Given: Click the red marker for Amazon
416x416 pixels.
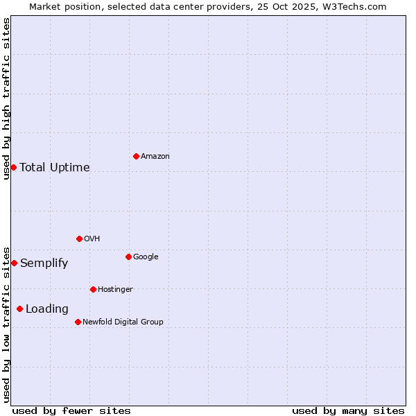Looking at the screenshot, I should point(136,156).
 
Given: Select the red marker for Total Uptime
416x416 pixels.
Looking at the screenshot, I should point(13,167).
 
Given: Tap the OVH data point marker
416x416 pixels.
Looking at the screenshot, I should point(79,239).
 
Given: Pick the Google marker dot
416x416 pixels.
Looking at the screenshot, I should point(128,257).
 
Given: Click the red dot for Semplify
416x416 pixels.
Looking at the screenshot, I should point(14,263).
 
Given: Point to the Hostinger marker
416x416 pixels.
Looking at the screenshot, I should point(93,289).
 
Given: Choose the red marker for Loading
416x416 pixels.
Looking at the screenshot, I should point(19,309).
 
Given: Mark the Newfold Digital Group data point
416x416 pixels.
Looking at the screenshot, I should point(78,322).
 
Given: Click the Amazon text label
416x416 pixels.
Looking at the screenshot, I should point(155,157).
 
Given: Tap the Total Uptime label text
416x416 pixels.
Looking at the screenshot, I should point(55,168).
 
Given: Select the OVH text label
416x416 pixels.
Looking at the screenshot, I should point(92,239).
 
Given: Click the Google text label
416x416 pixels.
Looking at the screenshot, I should point(146,257).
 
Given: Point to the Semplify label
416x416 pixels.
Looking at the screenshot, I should point(44,263).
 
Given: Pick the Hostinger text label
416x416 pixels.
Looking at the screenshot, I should point(115,290).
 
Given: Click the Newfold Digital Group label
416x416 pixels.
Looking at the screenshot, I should point(123,322).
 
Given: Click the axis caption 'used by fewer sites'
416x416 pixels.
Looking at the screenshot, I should point(71,410).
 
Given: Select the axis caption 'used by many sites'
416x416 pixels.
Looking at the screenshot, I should point(348,410).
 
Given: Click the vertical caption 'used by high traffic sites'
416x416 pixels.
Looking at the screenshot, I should point(6,98).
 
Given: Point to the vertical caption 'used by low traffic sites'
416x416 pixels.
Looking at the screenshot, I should point(6,324).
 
